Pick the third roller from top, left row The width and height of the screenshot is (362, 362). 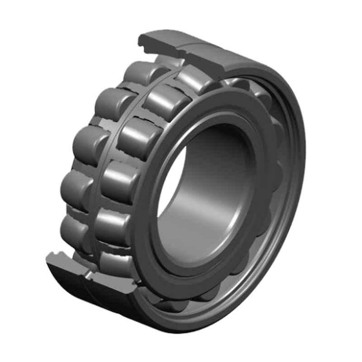(88, 143)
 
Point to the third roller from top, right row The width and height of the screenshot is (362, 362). (138, 136)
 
